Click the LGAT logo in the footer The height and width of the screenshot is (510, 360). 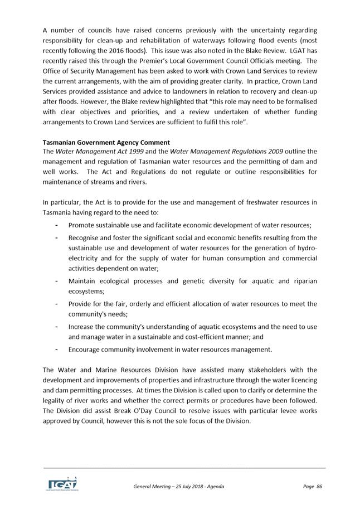click(x=62, y=483)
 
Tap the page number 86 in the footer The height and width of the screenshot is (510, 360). click(x=319, y=487)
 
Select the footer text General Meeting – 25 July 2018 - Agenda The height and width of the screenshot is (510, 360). click(x=178, y=487)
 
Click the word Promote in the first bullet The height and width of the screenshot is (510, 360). click(x=83, y=225)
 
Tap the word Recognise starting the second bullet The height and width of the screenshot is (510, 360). click(x=86, y=238)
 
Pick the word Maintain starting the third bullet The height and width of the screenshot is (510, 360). click(x=84, y=281)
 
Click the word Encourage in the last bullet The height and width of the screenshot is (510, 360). click(x=86, y=349)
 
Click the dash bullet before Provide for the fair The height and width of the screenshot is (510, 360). click(x=57, y=304)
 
